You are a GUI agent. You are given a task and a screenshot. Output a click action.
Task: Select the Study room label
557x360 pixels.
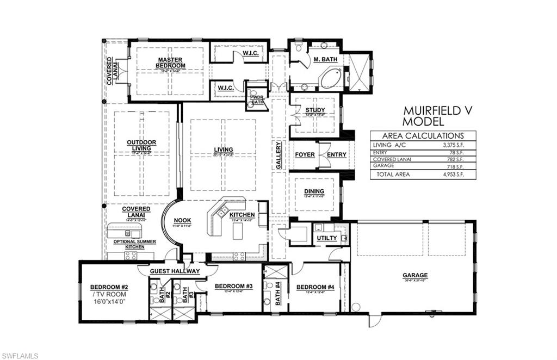pos(315,110)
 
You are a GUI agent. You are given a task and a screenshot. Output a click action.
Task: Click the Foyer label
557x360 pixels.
pos(305,154)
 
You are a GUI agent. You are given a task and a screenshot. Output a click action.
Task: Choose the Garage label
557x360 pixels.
pos(414,275)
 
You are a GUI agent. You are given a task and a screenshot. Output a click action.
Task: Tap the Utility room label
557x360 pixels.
pos(326,238)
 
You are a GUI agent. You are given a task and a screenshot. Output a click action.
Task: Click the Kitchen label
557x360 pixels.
pos(242,215)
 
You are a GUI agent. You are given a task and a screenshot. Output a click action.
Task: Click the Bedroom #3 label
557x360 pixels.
pos(233,286)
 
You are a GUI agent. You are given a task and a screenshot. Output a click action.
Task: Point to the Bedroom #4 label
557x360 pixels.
pos(315,287)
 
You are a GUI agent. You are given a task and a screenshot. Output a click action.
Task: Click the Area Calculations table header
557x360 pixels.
pos(423,136)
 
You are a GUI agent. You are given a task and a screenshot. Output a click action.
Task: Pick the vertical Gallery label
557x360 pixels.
pos(278,157)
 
